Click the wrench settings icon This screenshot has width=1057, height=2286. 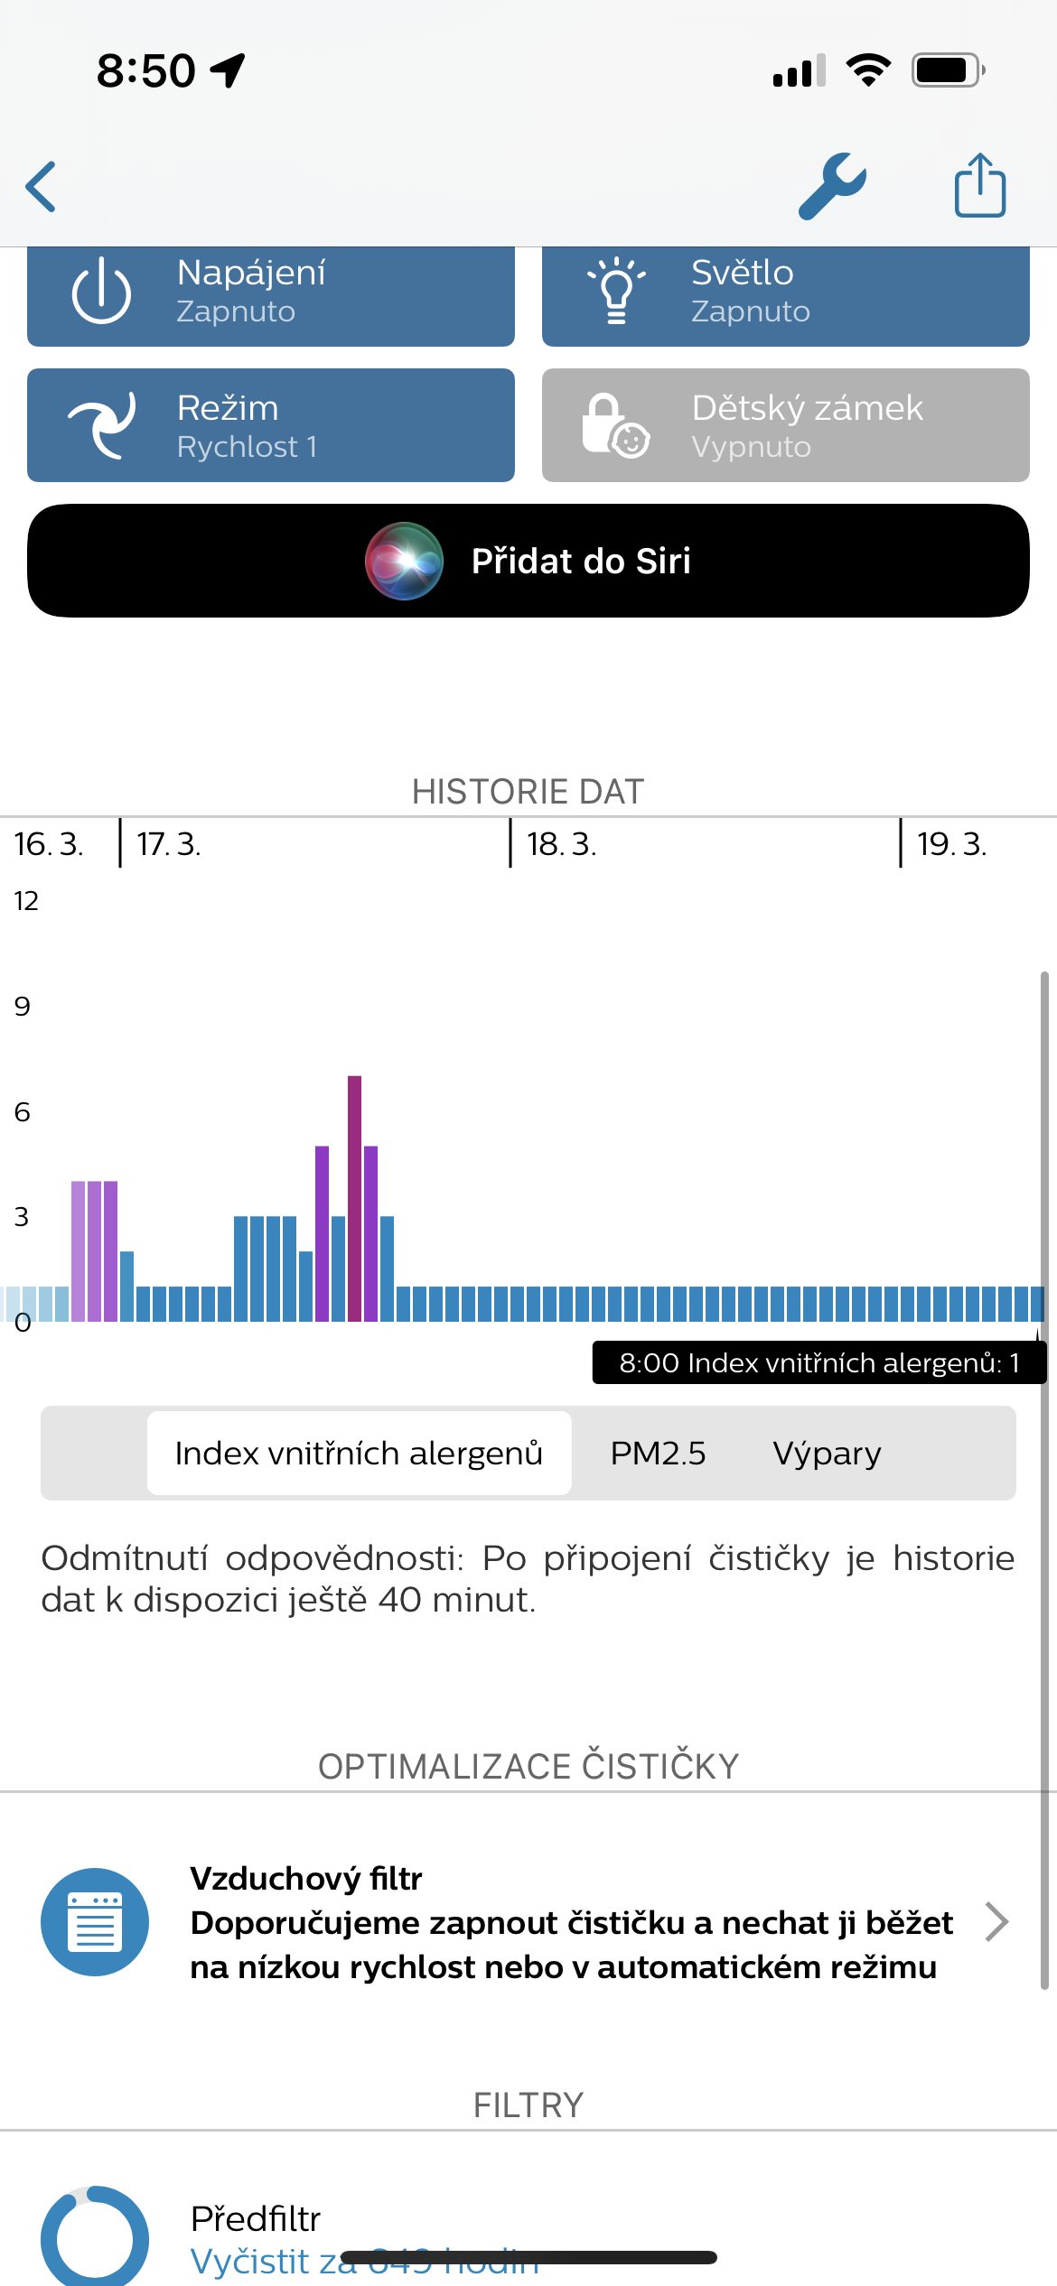pos(832,186)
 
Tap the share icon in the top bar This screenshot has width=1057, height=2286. pos(980,186)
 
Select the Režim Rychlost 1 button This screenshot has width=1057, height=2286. pos(270,425)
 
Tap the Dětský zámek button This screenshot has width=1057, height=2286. pos(785,425)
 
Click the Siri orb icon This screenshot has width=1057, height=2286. pos(404,561)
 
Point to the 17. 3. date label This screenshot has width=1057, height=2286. pos(169,844)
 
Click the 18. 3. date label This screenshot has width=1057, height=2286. pos(561,844)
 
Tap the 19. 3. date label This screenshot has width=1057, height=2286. pos(951,844)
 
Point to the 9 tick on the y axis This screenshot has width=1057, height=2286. pos(23,1006)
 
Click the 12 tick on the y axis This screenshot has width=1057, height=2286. pos(26,900)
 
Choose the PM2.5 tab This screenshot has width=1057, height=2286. pos(658,1453)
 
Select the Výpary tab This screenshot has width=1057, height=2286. pos(827,1453)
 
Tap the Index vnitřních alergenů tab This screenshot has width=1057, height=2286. pos(359,1453)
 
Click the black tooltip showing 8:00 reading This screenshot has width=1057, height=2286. pos(818,1362)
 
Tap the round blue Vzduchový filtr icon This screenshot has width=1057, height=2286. pos(95,1922)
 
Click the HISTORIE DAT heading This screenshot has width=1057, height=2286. pos(528,792)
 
